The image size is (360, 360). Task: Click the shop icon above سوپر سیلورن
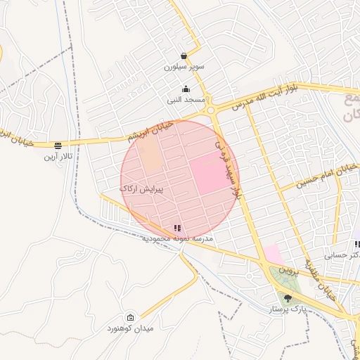point(184,56)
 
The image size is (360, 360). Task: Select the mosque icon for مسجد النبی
point(186,89)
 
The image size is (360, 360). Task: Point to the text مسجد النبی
point(186,101)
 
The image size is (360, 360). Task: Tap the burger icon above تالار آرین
point(58,146)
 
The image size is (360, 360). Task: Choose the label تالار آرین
point(58,156)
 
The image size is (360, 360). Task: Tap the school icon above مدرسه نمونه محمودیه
point(176,228)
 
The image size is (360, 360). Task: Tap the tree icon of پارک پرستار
point(287,298)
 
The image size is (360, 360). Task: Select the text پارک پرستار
point(288,309)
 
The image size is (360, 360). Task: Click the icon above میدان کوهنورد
point(130,318)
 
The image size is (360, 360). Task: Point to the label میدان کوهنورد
point(130,329)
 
